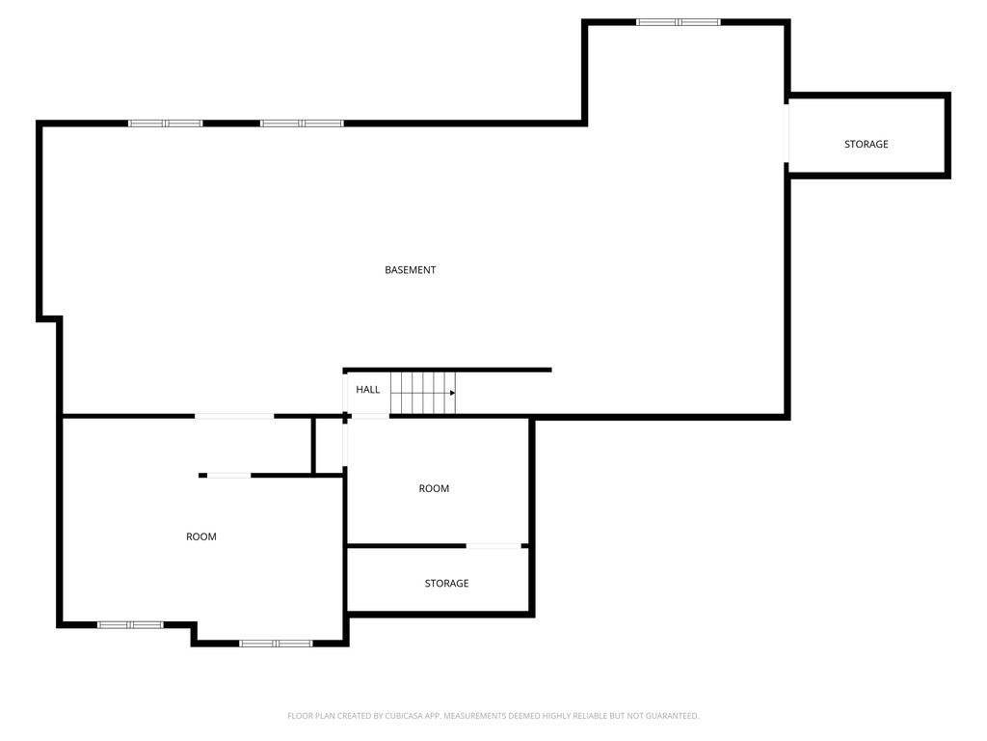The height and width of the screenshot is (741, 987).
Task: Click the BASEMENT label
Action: point(410,270)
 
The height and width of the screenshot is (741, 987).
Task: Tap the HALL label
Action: point(367,390)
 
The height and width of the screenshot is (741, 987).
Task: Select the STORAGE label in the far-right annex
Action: point(867,145)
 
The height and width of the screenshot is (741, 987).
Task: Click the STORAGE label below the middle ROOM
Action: point(446,584)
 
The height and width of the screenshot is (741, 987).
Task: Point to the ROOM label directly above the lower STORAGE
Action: point(434,488)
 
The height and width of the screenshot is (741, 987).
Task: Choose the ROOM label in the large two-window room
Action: point(200,536)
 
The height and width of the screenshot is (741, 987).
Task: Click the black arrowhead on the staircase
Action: point(453,394)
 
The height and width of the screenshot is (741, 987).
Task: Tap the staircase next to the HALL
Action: point(422,393)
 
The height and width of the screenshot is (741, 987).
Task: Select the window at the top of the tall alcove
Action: point(678,22)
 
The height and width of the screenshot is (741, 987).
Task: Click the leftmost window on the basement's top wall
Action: point(166,123)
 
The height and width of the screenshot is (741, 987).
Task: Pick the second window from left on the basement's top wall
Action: point(302,123)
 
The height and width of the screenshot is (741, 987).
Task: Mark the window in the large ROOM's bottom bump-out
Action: point(276,644)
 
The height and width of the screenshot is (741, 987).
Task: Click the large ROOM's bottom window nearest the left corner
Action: point(130,625)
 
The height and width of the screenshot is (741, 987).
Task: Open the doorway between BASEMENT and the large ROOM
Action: point(234,416)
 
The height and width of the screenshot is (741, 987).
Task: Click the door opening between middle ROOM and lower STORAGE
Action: point(493,546)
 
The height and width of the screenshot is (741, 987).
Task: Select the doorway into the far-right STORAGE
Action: point(787,133)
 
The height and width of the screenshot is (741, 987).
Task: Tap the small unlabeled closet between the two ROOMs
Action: point(329,446)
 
